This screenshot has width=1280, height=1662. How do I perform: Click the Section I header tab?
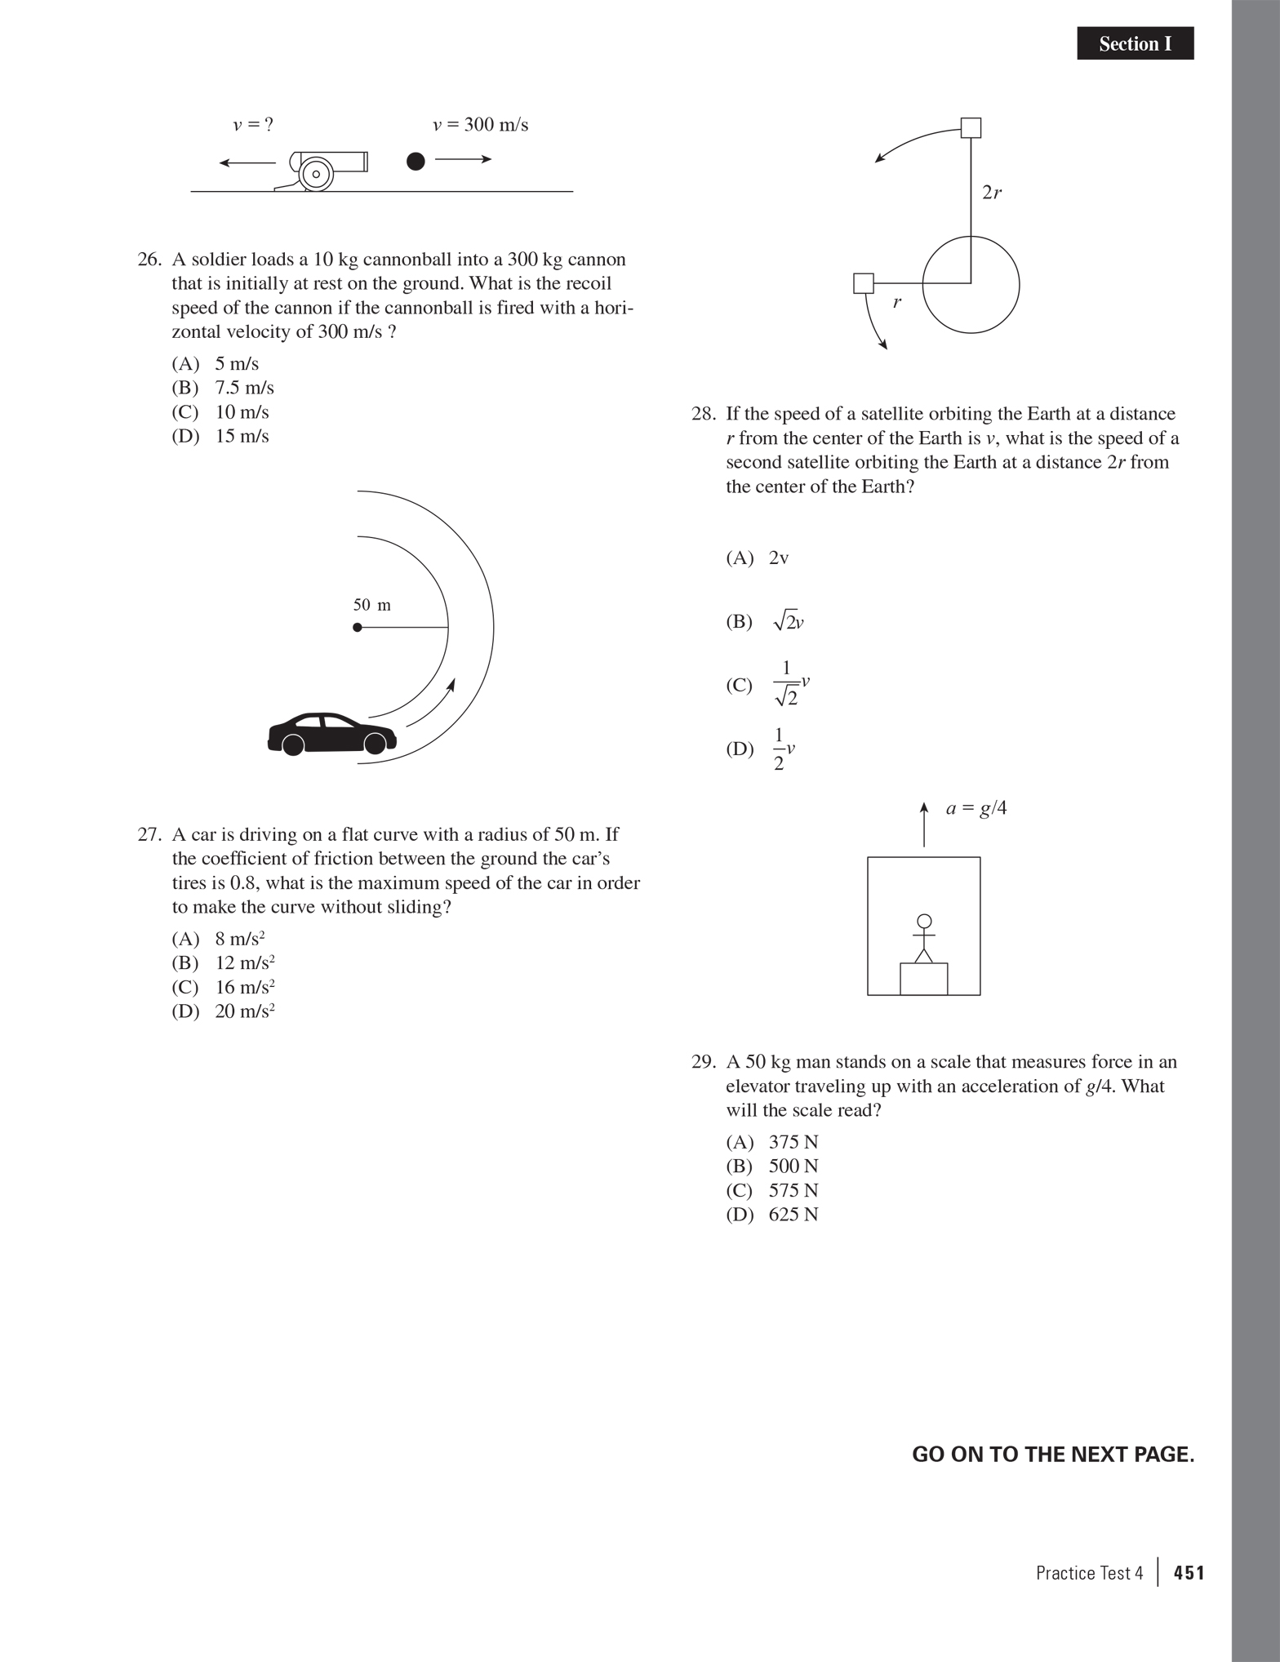pyautogui.click(x=1135, y=43)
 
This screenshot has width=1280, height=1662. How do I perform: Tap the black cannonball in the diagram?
pyautogui.click(x=416, y=161)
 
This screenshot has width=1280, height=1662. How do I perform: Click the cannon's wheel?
pyautogui.click(x=315, y=174)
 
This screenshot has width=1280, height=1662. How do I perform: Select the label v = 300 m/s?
pyautogui.click(x=480, y=125)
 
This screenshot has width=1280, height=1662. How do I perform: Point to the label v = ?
pyautogui.click(x=253, y=125)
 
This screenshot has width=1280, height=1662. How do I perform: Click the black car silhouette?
pyautogui.click(x=331, y=732)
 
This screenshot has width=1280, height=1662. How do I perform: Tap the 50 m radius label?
pyautogui.click(x=371, y=605)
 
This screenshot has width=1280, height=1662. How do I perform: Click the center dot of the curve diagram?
pyautogui.click(x=358, y=627)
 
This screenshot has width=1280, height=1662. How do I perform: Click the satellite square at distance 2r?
pyautogui.click(x=971, y=128)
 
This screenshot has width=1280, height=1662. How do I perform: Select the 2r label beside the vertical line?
pyautogui.click(x=992, y=193)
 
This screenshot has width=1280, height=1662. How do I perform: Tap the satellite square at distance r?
pyautogui.click(x=864, y=283)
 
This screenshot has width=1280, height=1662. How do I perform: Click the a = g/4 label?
pyautogui.click(x=976, y=808)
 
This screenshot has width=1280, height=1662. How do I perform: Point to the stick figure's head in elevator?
pyautogui.click(x=924, y=921)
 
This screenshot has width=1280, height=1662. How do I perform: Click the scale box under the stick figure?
pyautogui.click(x=923, y=979)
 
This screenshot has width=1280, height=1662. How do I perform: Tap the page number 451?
pyautogui.click(x=1189, y=1573)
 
